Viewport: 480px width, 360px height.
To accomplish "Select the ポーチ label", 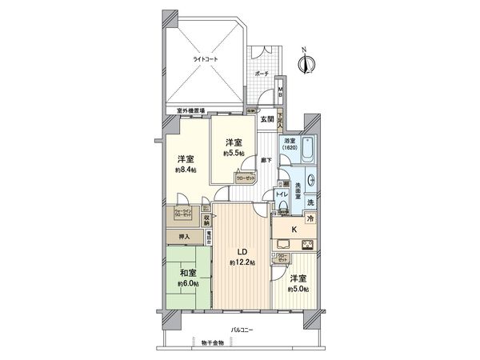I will point(261,73).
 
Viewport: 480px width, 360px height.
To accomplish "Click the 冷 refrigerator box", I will point(310,218).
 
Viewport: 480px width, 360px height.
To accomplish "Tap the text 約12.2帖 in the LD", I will point(241,262).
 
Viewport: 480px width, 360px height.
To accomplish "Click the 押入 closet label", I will point(184,238).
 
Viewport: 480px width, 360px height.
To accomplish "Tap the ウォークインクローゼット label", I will point(182,214).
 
